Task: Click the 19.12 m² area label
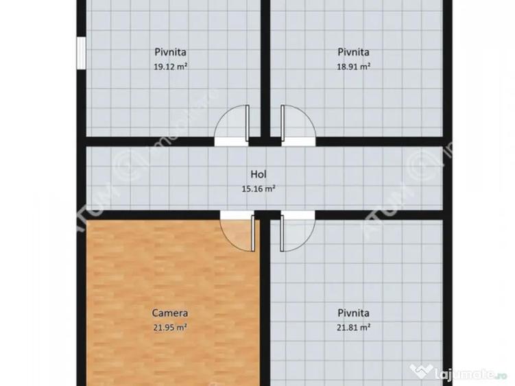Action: pyautogui.click(x=170, y=67)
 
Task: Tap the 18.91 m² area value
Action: pyautogui.click(x=354, y=67)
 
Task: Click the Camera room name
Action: pyautogui.click(x=170, y=313)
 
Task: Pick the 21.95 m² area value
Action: pyautogui.click(x=170, y=327)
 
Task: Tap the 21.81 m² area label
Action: pyautogui.click(x=354, y=327)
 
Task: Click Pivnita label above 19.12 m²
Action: pyautogui.click(x=170, y=51)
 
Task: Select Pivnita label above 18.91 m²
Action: pyautogui.click(x=354, y=51)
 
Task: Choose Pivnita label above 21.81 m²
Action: pyautogui.click(x=354, y=313)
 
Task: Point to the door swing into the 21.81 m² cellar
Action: pyautogui.click(x=296, y=233)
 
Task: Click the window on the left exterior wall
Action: pyautogui.click(x=81, y=53)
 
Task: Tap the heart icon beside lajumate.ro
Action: pyautogui.click(x=420, y=371)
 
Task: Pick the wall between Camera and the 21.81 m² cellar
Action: pyautogui.click(x=265, y=309)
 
